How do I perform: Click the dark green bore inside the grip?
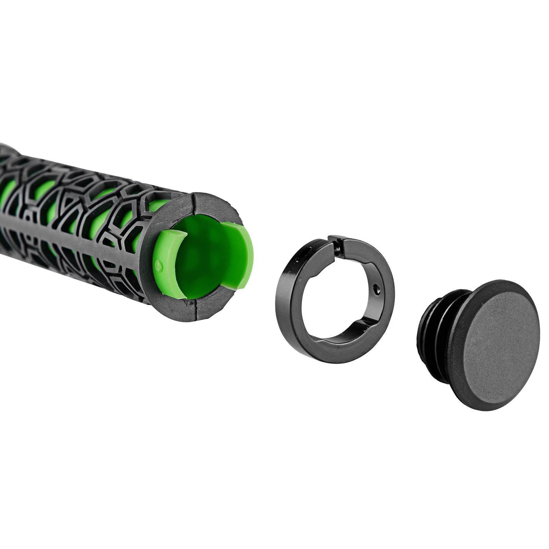click(201, 266)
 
